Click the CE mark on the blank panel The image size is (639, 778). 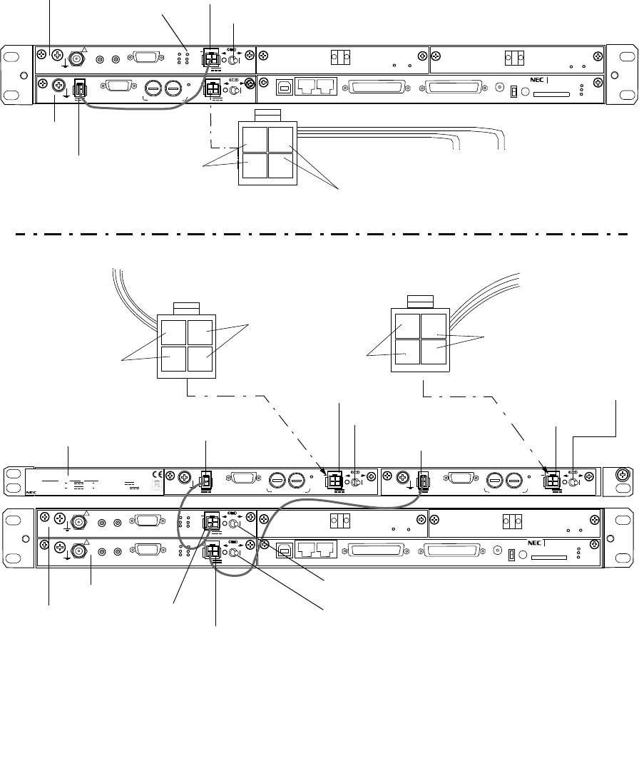[x=158, y=474]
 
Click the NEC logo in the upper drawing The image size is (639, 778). [x=537, y=81]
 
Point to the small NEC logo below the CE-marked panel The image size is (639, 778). [x=30, y=491]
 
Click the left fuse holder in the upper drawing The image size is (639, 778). [x=153, y=88]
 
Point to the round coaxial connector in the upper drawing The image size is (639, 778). [x=74, y=54]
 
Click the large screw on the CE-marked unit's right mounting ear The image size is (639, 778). [x=621, y=474]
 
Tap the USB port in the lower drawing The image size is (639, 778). [x=284, y=550]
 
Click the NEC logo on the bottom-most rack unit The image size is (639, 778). [x=537, y=543]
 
